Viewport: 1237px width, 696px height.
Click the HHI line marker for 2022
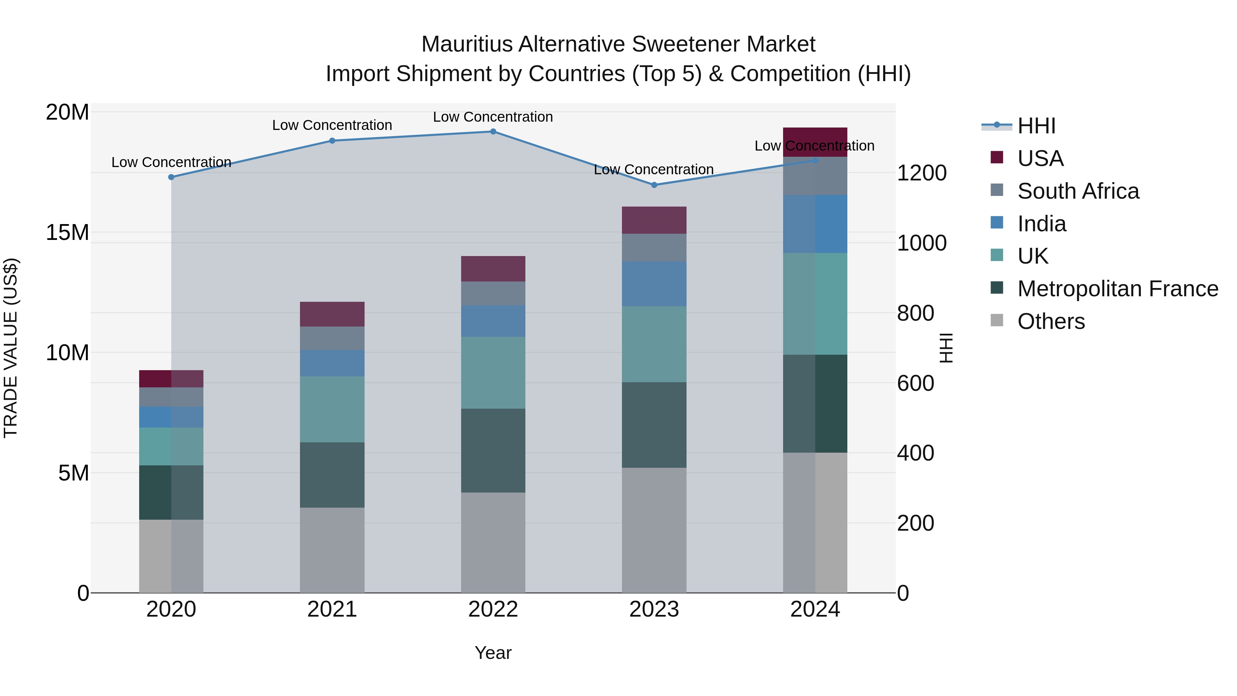tap(493, 132)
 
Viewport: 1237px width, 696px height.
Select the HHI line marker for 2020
tap(171, 177)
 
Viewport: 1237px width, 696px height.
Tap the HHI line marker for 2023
tap(654, 185)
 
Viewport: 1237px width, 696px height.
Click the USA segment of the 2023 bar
tap(654, 220)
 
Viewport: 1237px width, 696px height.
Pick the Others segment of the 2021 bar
tap(332, 550)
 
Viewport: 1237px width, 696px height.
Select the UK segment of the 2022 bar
tap(493, 373)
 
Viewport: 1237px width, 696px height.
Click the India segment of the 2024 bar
tap(815, 224)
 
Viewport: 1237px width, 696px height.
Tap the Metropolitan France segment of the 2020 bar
tap(171, 492)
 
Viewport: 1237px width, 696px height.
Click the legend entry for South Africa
tap(1078, 191)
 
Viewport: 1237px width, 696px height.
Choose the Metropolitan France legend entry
tap(1117, 289)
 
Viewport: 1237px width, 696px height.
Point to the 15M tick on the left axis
tap(68, 232)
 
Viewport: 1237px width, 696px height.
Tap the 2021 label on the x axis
tap(332, 609)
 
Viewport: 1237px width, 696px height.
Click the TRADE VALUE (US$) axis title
tap(11, 348)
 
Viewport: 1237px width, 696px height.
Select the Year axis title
tap(493, 653)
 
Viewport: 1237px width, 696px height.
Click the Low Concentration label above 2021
tap(332, 125)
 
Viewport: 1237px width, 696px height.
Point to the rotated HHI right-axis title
tap(946, 348)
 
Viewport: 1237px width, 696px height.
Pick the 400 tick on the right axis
tap(915, 453)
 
